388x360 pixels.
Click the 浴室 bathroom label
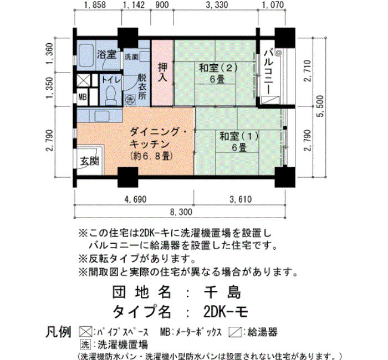[x=106, y=55]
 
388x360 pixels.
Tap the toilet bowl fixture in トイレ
[x=111, y=95]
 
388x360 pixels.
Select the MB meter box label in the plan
[x=83, y=97]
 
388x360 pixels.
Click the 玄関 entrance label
[x=90, y=161]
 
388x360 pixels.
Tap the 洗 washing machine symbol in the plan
[x=130, y=100]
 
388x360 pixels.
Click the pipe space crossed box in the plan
[x=84, y=80]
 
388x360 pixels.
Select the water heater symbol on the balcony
[x=270, y=100]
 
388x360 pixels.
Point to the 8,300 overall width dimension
[x=181, y=212]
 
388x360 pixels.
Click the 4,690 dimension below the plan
[x=135, y=199]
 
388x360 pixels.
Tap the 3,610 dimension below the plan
[x=241, y=199]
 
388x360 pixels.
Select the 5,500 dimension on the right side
[x=320, y=106]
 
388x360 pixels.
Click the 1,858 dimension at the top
[x=95, y=4]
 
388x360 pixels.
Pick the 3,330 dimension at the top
[x=217, y=4]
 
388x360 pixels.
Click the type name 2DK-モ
[x=226, y=312]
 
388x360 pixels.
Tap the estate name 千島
[x=222, y=292]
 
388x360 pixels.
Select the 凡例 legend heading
[x=59, y=332]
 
